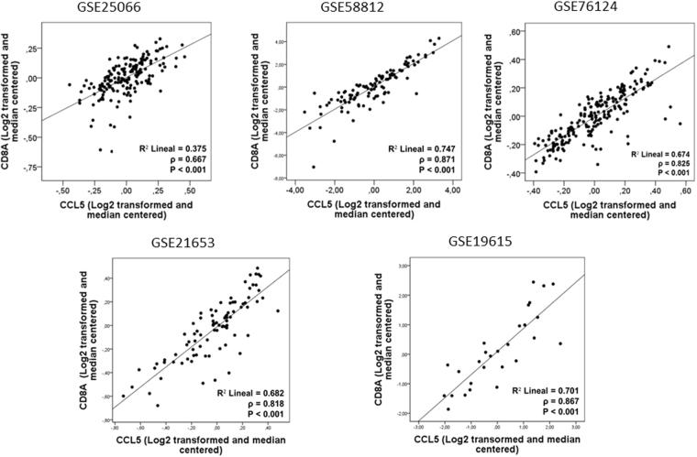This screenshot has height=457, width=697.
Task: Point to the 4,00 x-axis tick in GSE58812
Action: point(453,188)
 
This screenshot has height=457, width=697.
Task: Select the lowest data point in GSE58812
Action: point(314,167)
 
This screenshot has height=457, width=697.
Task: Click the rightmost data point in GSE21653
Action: point(277,310)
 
